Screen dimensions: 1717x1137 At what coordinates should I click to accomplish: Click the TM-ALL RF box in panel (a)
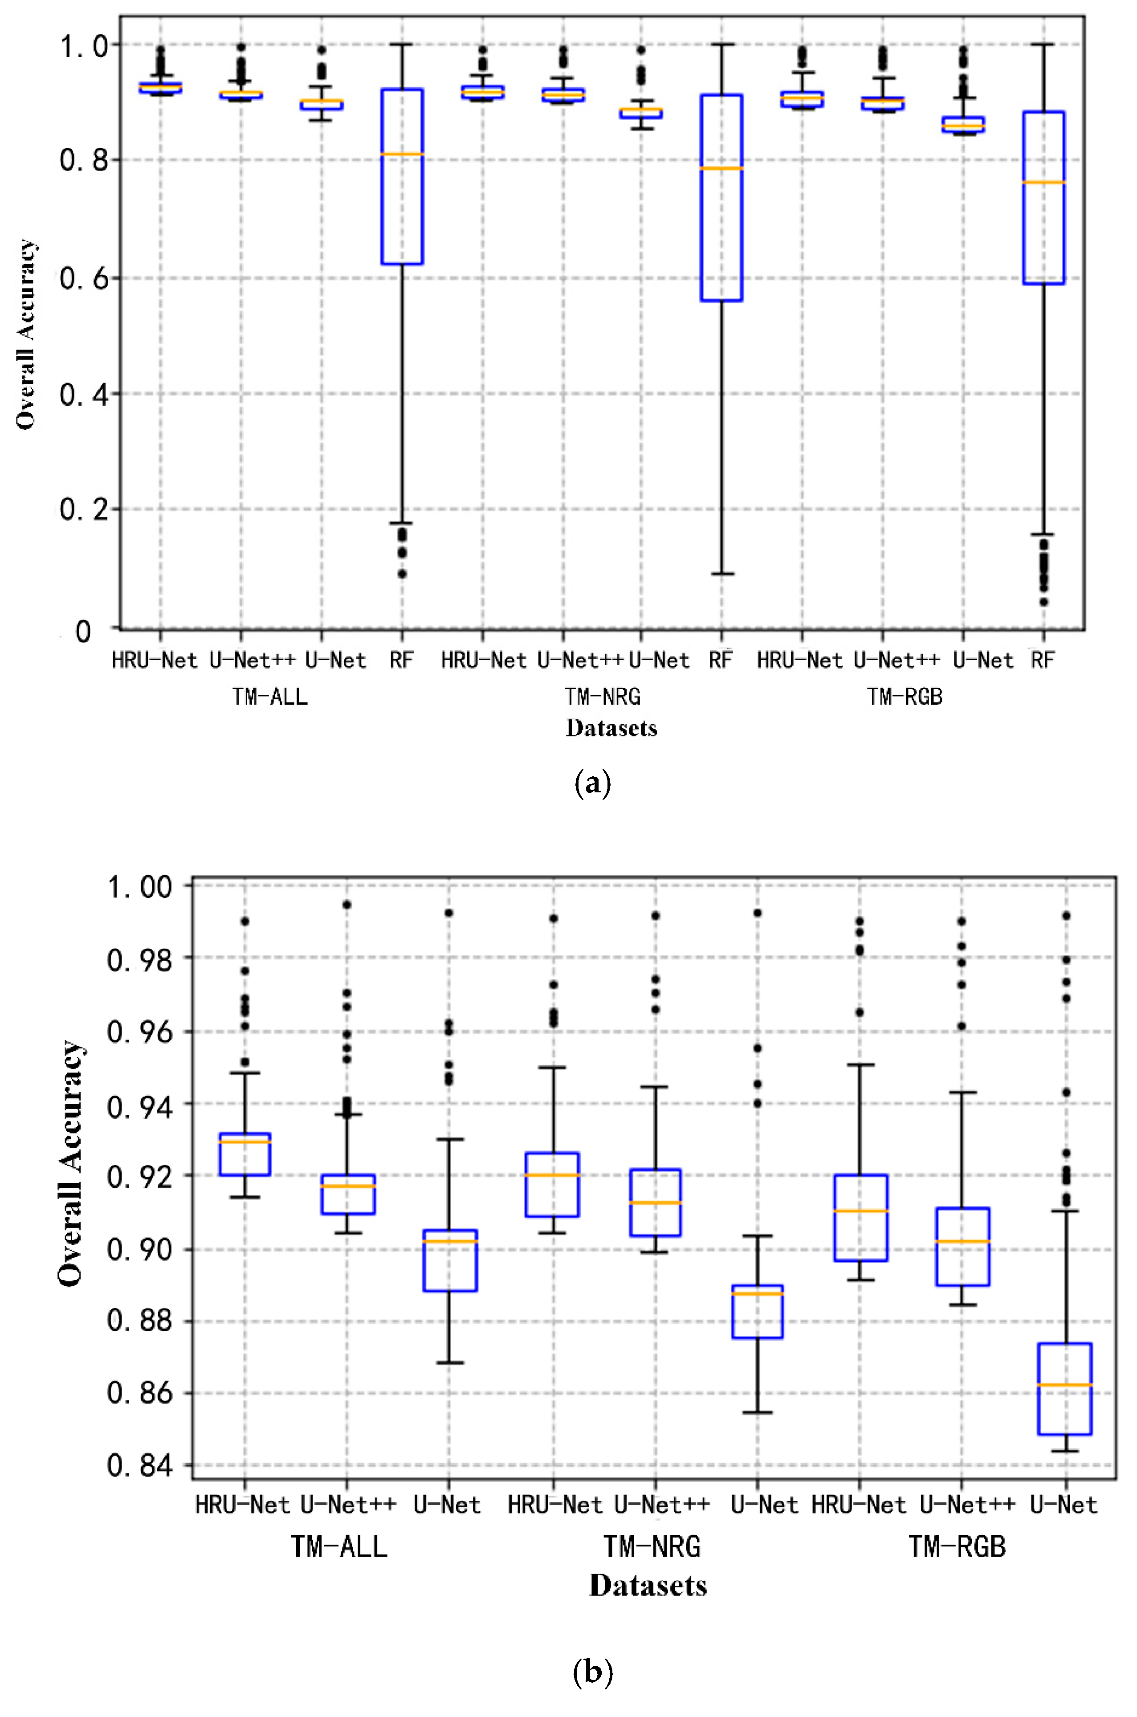(403, 176)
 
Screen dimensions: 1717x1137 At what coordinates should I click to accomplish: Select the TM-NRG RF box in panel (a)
(721, 197)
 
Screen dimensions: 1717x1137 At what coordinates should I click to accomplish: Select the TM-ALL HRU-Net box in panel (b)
(245, 1154)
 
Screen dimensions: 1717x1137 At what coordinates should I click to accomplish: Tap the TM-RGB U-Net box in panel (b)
(1065, 1389)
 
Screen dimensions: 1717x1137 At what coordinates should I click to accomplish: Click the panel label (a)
(592, 784)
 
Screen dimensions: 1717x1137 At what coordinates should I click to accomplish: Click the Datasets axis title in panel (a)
(611, 728)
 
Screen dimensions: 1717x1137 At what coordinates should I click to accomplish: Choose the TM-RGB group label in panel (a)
(904, 697)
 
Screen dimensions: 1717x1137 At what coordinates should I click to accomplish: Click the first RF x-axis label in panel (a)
(401, 660)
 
